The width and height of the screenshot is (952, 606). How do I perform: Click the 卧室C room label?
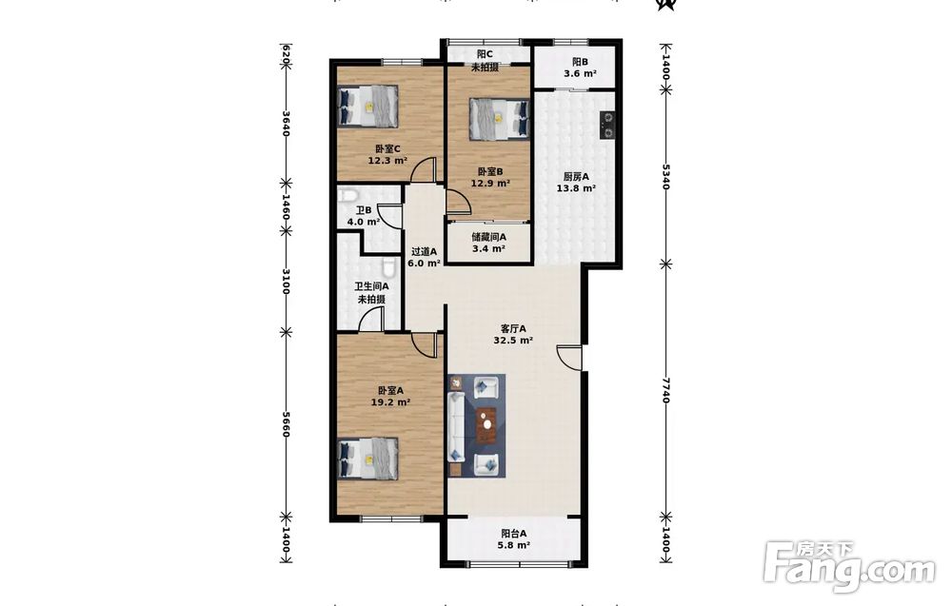(387, 148)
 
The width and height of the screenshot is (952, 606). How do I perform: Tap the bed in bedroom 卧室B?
(499, 120)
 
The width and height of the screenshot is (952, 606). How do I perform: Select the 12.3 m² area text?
(387, 161)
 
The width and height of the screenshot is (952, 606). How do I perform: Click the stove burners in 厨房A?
(606, 126)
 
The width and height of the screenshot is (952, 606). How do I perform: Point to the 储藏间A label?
(488, 237)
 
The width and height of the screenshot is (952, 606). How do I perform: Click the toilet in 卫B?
(347, 195)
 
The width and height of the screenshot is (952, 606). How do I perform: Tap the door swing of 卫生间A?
(370, 319)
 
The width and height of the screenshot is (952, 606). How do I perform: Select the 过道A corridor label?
(424, 251)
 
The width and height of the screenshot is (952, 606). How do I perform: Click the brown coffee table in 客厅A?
(486, 424)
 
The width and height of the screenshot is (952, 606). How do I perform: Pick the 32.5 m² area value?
(513, 341)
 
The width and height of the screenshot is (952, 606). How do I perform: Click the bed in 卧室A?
(367, 459)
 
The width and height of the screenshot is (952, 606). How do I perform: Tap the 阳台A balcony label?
(514, 533)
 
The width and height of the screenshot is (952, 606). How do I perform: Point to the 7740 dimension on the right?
(665, 391)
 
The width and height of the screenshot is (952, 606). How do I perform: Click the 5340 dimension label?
(665, 177)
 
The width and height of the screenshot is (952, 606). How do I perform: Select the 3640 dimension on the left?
(286, 122)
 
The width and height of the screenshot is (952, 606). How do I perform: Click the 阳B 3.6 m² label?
(580, 68)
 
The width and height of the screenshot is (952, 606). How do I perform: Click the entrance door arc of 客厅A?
(569, 358)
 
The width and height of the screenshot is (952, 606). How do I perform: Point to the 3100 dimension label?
(286, 282)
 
